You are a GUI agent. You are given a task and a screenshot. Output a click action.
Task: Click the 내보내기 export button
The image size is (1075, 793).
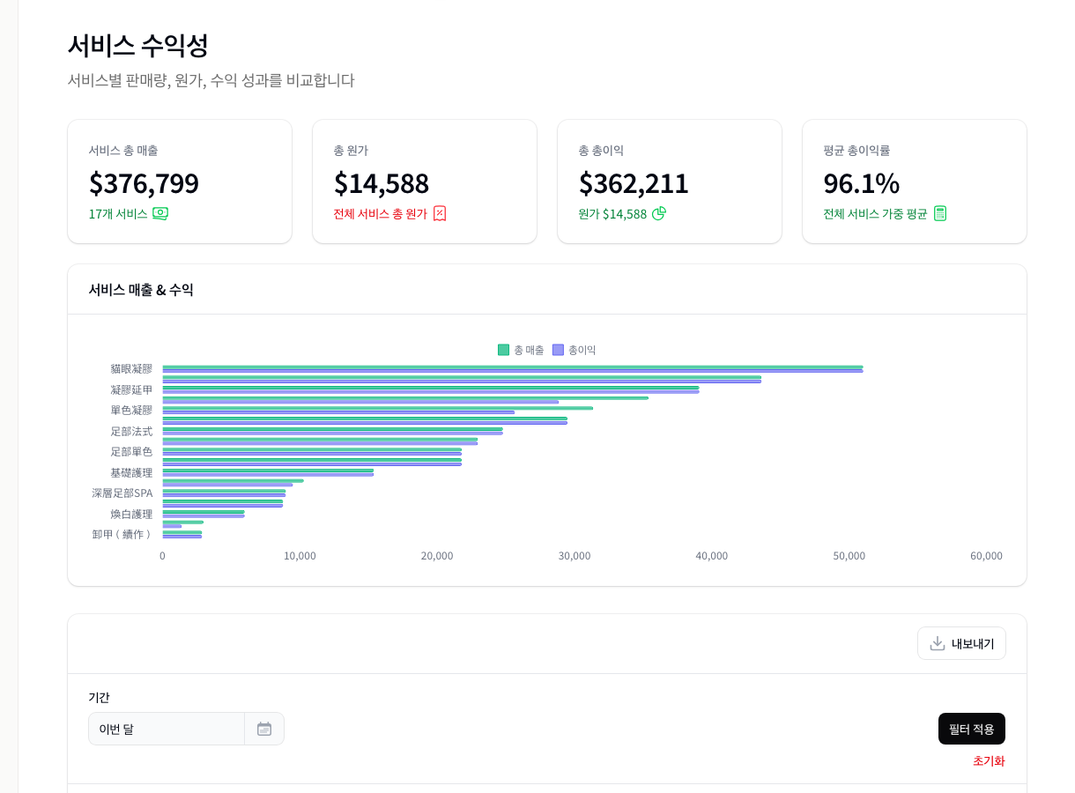pos(961,643)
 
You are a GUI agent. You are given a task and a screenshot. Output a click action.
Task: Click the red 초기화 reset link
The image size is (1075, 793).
pos(988,761)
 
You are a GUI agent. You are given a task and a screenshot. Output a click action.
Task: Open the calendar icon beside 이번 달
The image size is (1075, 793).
pos(264,729)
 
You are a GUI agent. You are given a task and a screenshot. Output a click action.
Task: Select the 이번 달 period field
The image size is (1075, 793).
pos(166,729)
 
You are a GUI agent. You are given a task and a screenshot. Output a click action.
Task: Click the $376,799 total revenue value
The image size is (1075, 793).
pos(144,183)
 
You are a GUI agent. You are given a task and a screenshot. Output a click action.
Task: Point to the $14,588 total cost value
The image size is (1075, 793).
pos(381,183)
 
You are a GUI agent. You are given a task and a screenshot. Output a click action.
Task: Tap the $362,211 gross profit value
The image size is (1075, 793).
pos(634,183)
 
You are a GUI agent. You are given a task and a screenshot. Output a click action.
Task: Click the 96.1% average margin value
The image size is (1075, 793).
pos(861,183)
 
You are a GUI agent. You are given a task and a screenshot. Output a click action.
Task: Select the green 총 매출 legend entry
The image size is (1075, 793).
pos(521,350)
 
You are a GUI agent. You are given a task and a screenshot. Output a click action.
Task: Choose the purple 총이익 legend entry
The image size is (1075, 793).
pos(575,350)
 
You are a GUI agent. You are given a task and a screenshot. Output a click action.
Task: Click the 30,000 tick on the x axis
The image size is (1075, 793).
pos(575,556)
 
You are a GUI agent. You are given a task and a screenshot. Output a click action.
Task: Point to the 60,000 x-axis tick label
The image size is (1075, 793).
pos(986,556)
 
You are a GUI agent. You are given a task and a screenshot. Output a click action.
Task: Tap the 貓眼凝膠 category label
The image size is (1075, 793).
pos(131,368)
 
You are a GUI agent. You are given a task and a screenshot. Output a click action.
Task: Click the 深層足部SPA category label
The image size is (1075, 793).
pos(122,493)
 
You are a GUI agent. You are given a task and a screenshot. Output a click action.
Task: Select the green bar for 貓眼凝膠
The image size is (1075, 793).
pos(511,367)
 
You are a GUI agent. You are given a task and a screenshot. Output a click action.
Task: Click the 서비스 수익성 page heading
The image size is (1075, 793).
pos(138,45)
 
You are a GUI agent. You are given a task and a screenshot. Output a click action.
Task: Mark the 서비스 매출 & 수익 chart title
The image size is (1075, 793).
pos(141,290)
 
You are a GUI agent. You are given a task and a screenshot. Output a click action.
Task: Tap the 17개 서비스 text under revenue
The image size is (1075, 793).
pos(118,214)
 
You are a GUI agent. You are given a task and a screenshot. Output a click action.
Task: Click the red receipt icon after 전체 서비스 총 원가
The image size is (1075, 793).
pos(440,213)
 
